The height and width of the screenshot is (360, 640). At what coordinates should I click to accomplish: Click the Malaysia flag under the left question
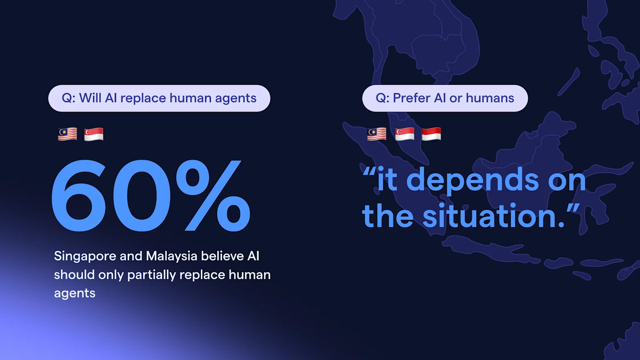click(x=67, y=134)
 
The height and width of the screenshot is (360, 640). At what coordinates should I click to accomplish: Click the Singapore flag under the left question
click(x=94, y=134)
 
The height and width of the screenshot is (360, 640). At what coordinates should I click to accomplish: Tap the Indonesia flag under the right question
click(x=431, y=134)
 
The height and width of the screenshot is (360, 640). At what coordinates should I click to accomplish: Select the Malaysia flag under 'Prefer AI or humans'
click(x=377, y=134)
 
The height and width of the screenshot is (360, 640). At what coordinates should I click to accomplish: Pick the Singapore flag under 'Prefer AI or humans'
click(x=404, y=134)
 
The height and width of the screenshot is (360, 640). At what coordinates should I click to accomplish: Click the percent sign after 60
click(x=213, y=196)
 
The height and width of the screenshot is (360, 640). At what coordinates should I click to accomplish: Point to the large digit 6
click(x=79, y=196)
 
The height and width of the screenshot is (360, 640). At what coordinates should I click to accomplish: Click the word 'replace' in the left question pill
click(x=143, y=98)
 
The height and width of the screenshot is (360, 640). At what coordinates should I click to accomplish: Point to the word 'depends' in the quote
click(x=472, y=180)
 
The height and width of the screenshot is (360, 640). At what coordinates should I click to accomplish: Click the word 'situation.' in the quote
click(x=494, y=216)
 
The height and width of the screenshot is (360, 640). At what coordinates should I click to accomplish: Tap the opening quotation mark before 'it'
click(x=369, y=173)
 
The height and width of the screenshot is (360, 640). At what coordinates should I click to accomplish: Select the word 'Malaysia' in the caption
click(x=172, y=256)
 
